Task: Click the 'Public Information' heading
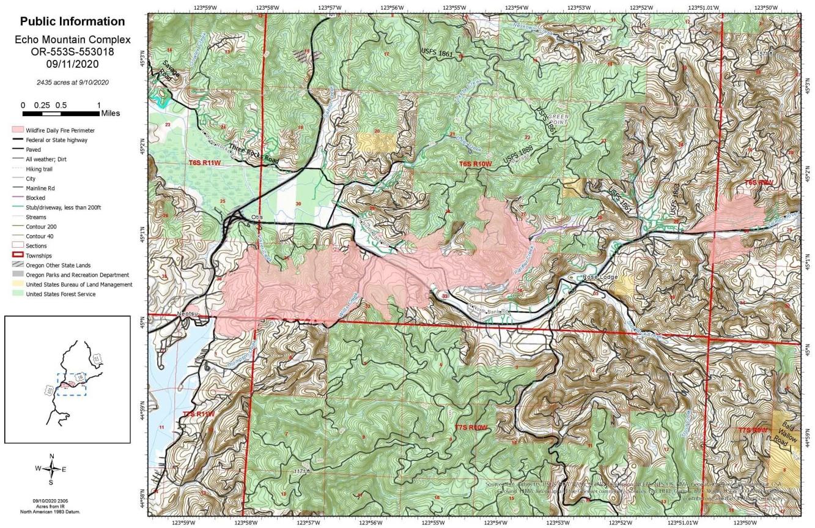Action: click(x=72, y=21)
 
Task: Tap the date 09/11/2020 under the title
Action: click(x=72, y=63)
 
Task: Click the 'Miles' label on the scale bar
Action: click(x=111, y=113)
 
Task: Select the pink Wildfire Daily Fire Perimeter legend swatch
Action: click(x=17, y=130)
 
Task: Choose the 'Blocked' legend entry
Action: click(x=35, y=198)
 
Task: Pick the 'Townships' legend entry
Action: click(x=39, y=256)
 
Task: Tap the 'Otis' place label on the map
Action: click(x=257, y=217)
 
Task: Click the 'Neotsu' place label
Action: click(x=188, y=314)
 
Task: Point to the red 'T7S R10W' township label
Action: click(x=471, y=427)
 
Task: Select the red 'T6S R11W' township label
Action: click(x=204, y=163)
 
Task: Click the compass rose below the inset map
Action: click(x=52, y=469)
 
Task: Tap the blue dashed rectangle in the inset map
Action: click(x=72, y=384)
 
